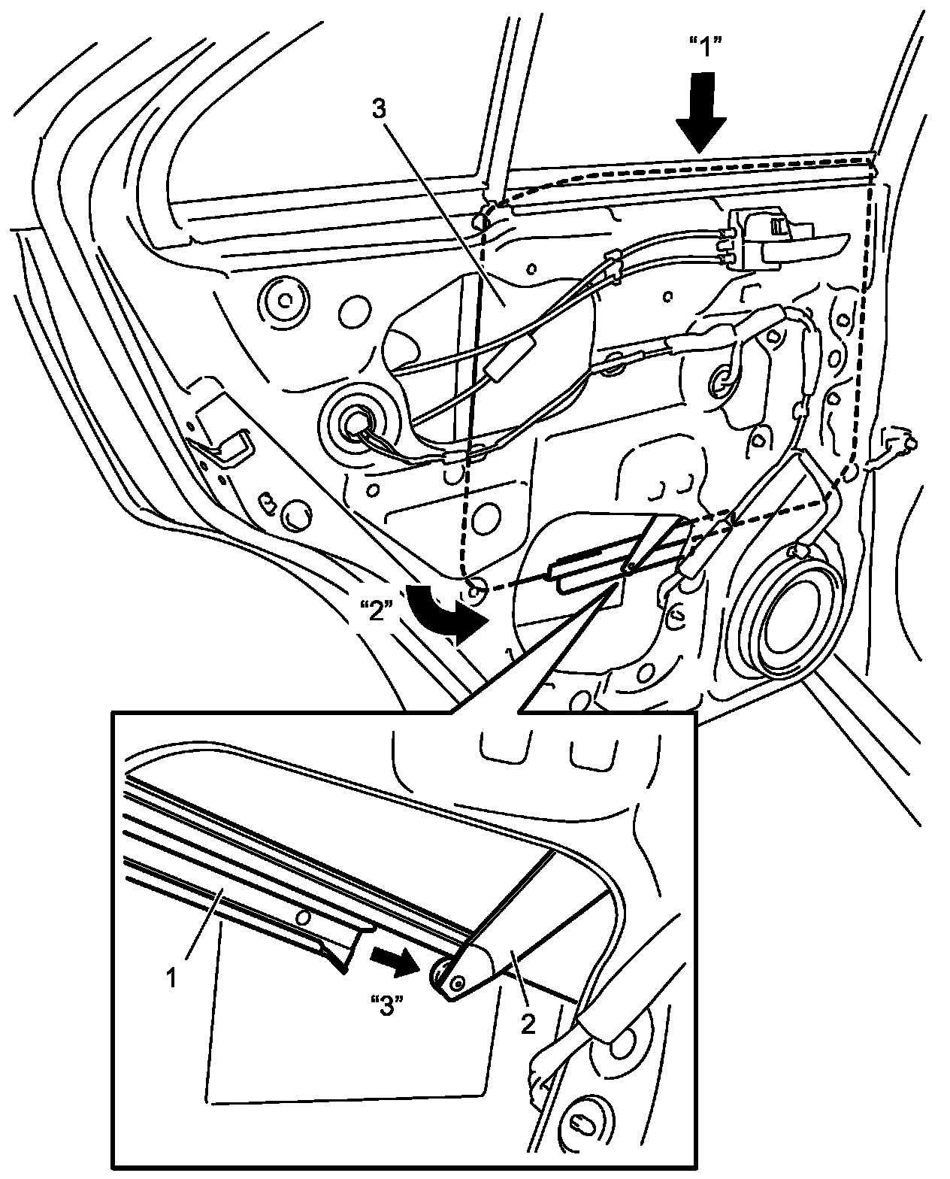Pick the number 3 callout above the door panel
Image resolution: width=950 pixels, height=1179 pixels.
click(378, 109)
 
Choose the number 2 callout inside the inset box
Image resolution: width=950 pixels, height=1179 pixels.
click(529, 1024)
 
